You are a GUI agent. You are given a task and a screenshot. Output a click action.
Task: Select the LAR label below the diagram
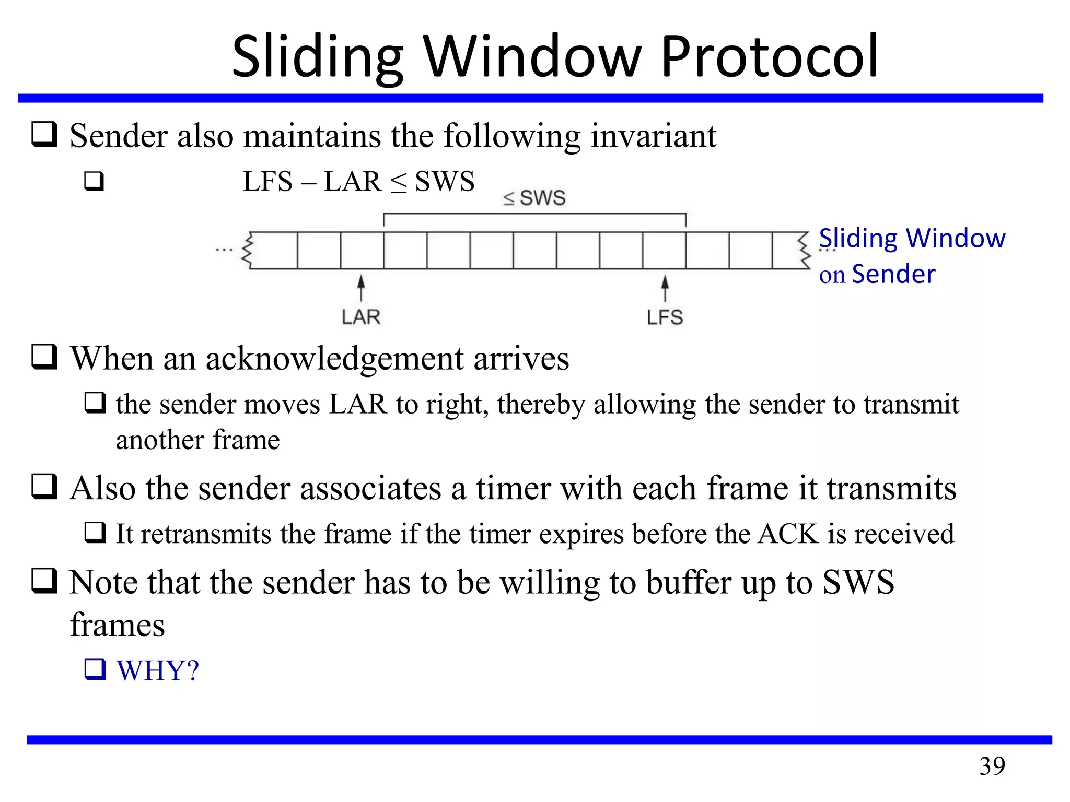pyautogui.click(x=361, y=317)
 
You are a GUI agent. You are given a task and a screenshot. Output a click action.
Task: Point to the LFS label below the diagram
pyautogui.click(x=665, y=317)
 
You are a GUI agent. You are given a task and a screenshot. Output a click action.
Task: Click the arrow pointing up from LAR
pyautogui.click(x=361, y=288)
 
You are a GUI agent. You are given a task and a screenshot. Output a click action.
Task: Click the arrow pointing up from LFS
pyautogui.click(x=665, y=288)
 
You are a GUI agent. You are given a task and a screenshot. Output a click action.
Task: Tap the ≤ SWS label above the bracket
pyautogui.click(x=534, y=198)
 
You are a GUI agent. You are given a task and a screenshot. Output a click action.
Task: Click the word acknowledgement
pyautogui.click(x=335, y=359)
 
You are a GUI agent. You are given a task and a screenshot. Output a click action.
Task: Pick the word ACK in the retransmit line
pyautogui.click(x=788, y=534)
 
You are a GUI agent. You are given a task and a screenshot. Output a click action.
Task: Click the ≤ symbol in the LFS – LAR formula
pyautogui.click(x=399, y=183)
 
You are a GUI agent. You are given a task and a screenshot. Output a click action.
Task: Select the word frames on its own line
pyautogui.click(x=118, y=625)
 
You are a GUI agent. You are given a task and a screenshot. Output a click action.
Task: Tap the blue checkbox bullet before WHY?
pyautogui.click(x=95, y=669)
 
